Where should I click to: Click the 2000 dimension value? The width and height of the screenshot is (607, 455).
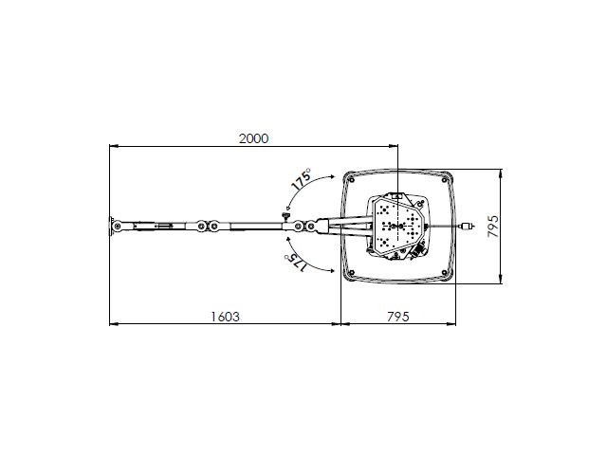click(x=253, y=138)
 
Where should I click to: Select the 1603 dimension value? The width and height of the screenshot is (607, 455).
click(x=226, y=317)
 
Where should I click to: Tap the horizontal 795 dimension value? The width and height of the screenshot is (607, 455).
click(x=398, y=317)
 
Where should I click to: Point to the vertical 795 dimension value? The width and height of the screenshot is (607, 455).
click(x=493, y=227)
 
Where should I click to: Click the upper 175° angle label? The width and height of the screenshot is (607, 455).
click(x=302, y=179)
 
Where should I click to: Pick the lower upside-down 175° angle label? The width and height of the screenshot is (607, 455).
click(x=295, y=263)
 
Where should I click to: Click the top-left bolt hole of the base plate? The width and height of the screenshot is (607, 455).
click(x=352, y=179)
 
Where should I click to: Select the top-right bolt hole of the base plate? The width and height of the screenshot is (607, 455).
click(x=445, y=180)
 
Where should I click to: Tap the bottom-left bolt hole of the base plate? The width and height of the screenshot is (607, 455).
click(x=352, y=273)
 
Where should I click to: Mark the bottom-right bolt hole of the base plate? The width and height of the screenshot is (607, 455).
click(x=445, y=273)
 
